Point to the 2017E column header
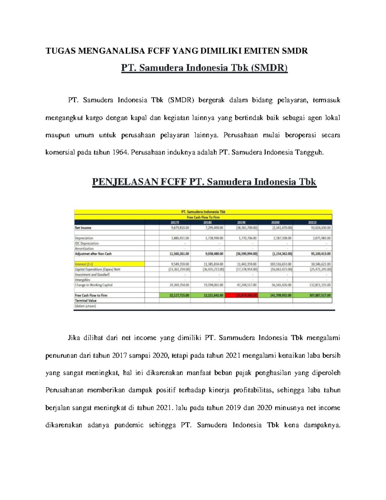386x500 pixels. [175, 222]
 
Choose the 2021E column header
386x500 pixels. [312, 222]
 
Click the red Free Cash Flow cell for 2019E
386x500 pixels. [242, 295]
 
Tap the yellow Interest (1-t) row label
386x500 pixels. [84, 264]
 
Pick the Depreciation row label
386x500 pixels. [84, 238]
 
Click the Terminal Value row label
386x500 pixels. [86, 300]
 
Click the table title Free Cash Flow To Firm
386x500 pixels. [203, 217]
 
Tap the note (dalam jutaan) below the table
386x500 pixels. [85, 306]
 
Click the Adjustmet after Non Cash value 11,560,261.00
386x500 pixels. [179, 254]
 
